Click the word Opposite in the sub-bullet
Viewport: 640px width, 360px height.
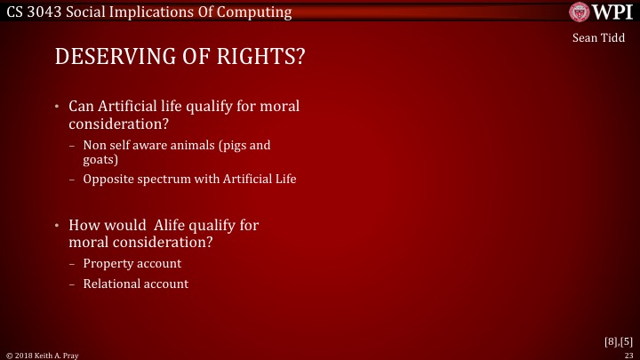(x=108, y=179)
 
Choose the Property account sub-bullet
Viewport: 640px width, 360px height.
(x=132, y=263)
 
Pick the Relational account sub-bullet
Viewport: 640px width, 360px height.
(x=135, y=284)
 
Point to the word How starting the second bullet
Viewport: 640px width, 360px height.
(x=84, y=225)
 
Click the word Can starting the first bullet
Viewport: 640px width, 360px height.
(x=83, y=106)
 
